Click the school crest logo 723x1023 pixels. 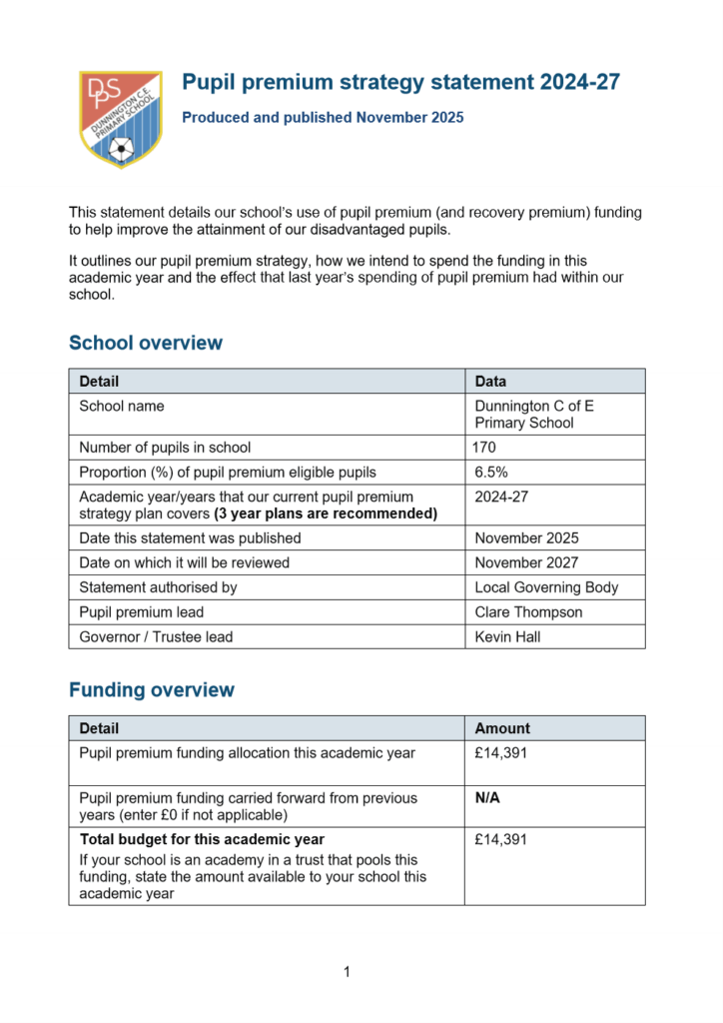(x=120, y=118)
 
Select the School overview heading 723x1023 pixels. (x=146, y=344)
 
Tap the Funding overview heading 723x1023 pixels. (x=152, y=690)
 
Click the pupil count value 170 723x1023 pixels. (x=483, y=448)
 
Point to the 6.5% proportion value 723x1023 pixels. (x=491, y=472)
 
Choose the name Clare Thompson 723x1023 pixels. (x=528, y=612)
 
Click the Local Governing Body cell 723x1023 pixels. (x=546, y=587)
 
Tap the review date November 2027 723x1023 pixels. (x=526, y=562)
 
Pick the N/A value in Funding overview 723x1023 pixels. (x=487, y=798)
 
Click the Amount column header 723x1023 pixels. (x=502, y=728)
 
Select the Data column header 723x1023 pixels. (x=490, y=382)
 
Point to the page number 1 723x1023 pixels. (x=347, y=972)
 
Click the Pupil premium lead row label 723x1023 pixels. (x=142, y=612)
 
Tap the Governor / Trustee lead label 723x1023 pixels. (x=156, y=636)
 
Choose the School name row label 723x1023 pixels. (x=122, y=407)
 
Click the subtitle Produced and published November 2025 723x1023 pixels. (x=323, y=118)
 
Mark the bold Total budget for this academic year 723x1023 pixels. (x=202, y=840)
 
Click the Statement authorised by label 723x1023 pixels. (x=158, y=587)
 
